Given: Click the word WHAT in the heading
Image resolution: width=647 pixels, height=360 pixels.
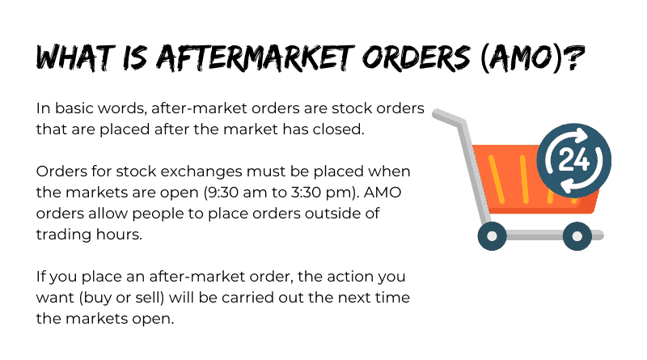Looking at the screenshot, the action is (x=75, y=57).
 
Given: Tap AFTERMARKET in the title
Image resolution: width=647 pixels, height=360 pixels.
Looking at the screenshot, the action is (x=255, y=57).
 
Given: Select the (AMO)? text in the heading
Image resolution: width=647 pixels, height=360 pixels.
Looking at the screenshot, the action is (x=532, y=57).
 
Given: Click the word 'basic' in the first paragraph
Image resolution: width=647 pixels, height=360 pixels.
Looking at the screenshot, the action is (x=72, y=108).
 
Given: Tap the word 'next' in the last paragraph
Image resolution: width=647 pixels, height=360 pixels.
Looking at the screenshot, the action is (x=354, y=298).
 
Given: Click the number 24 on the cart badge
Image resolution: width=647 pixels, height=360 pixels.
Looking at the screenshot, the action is (x=573, y=159).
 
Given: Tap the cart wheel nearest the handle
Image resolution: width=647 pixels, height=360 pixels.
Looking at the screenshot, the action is (x=493, y=235).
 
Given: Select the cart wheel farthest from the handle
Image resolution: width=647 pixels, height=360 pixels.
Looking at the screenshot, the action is (x=577, y=235).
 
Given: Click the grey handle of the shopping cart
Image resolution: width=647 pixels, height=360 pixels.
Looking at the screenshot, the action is (x=449, y=117).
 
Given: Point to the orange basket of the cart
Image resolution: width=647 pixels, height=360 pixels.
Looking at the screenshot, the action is (x=532, y=182).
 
